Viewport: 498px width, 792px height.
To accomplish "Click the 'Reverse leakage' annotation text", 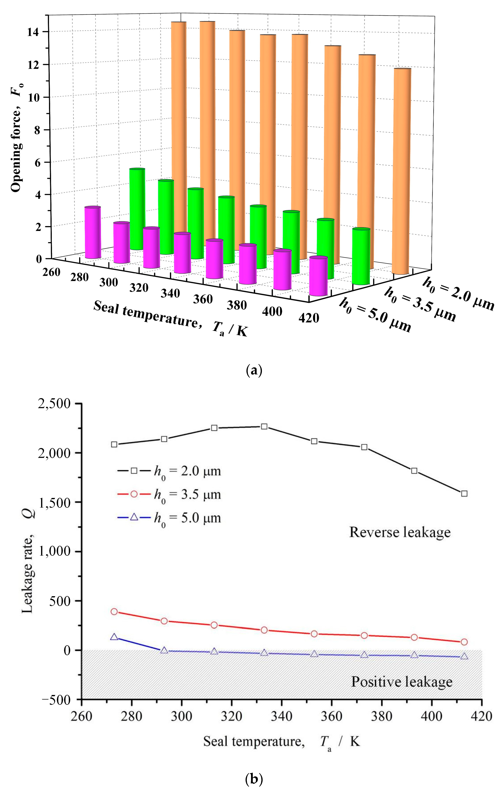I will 400,532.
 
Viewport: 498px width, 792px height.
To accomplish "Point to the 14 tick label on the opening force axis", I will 34,32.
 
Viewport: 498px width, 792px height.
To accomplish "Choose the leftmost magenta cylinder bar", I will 93,233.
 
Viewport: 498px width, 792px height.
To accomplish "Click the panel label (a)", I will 254,371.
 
